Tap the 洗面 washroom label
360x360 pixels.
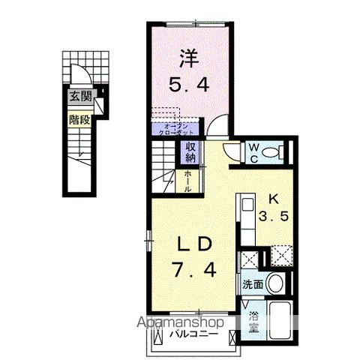click(x=251, y=284)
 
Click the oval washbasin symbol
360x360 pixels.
click(x=275, y=283)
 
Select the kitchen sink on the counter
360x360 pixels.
click(x=247, y=205)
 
